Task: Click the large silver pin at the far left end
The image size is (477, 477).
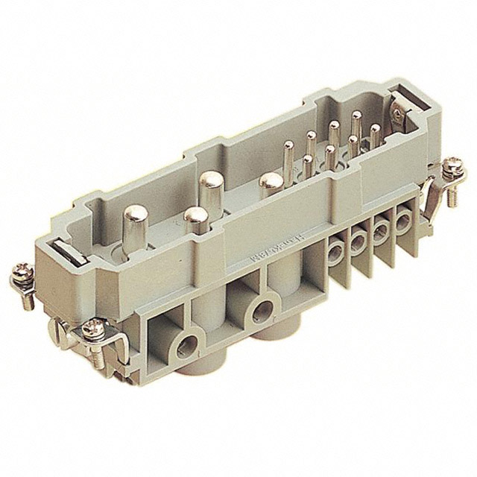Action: [137, 215]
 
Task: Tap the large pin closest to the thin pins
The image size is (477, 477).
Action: [271, 181]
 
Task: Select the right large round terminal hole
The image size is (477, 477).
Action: [262, 309]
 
